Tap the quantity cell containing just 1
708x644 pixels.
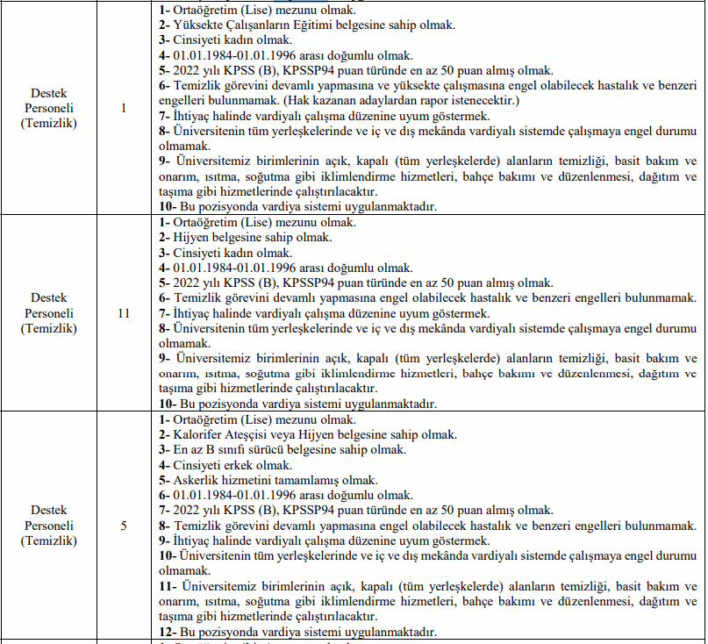tap(124, 108)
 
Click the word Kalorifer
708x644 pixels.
tap(196, 435)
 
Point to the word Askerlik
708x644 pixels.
tap(194, 480)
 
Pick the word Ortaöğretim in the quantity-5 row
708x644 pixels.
tap(207, 420)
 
